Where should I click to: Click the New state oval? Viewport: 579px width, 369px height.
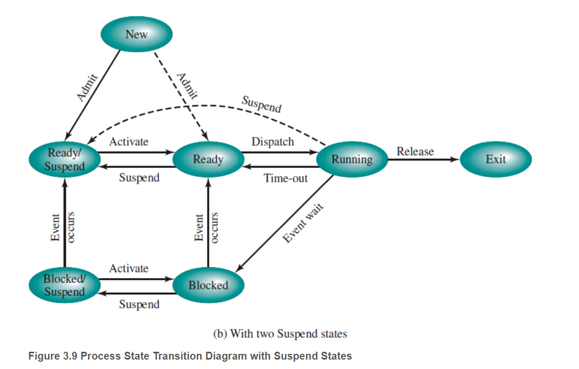(x=137, y=34)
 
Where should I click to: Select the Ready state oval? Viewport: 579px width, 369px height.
(x=208, y=159)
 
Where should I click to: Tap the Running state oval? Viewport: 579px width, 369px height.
(x=352, y=159)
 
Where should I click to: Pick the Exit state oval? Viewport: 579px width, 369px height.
(x=495, y=159)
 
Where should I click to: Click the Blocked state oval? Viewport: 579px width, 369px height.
(x=208, y=285)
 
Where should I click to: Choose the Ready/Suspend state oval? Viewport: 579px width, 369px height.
(x=64, y=159)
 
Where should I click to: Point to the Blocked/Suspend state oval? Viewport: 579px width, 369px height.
(x=64, y=285)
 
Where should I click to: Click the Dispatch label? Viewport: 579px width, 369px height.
(x=272, y=142)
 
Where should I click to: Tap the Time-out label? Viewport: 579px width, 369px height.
(x=285, y=178)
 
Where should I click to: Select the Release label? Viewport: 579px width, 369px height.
(x=415, y=152)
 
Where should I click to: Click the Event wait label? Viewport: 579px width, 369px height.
(x=303, y=222)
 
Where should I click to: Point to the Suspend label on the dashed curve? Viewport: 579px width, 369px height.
(x=261, y=105)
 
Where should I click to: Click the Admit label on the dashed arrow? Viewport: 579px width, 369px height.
(x=187, y=85)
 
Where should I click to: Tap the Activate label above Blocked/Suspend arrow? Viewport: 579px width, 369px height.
(x=129, y=269)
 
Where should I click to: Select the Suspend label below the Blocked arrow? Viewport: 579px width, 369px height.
(x=139, y=304)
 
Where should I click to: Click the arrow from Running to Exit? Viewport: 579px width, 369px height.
(x=423, y=159)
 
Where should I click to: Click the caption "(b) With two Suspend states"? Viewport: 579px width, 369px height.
(x=280, y=333)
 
